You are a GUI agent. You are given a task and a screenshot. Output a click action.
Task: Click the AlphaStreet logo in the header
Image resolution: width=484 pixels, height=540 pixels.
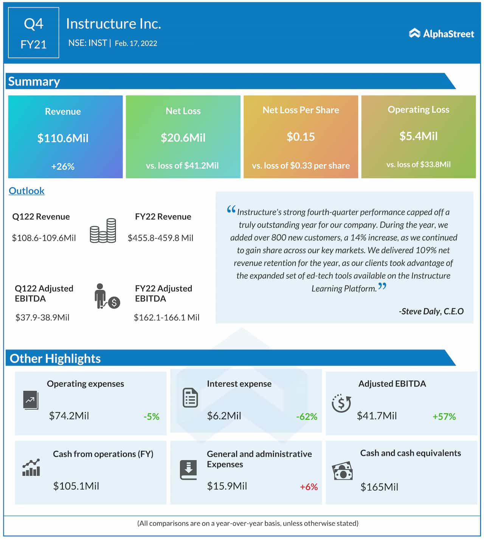(441, 34)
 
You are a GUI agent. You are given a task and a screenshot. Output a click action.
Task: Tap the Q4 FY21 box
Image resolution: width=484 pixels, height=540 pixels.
(33, 33)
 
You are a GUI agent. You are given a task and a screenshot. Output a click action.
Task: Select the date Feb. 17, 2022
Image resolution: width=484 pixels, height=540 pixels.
(136, 43)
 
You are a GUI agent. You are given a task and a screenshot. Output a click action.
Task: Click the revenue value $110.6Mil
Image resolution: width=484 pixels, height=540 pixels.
(63, 138)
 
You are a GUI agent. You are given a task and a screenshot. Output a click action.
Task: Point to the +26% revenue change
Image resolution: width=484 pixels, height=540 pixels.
(63, 166)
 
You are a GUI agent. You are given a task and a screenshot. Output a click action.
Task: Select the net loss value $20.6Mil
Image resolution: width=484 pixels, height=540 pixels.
(183, 138)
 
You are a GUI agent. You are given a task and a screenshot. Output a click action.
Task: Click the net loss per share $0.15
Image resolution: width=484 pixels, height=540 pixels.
(301, 137)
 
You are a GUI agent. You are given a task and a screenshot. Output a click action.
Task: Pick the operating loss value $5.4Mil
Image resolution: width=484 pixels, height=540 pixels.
(418, 136)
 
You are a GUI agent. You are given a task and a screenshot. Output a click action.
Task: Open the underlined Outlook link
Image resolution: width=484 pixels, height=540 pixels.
(26, 191)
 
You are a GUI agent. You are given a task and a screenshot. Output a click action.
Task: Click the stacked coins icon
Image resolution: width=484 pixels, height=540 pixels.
(103, 230)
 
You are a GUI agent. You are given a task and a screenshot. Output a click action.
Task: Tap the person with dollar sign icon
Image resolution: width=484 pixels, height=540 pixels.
(107, 296)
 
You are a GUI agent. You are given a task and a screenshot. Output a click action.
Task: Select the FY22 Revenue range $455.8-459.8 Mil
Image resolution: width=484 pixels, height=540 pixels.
(160, 238)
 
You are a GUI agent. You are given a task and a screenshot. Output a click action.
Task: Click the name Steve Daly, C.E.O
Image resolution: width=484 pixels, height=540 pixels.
(431, 311)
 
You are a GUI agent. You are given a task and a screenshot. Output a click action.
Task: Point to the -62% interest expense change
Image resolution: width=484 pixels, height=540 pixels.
(307, 417)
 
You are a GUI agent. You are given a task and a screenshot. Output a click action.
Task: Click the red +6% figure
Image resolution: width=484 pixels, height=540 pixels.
(309, 487)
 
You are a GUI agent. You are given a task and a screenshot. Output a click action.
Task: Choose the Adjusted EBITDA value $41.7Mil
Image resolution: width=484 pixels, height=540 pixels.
(377, 416)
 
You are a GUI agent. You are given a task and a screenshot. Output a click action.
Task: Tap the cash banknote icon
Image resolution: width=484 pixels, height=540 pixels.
(342, 471)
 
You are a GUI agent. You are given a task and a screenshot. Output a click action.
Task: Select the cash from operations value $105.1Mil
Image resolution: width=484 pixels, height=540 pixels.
(76, 486)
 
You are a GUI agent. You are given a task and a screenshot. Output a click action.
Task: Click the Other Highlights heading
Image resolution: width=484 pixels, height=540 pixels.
(55, 358)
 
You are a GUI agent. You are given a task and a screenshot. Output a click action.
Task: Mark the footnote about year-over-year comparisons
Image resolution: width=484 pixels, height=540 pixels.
(248, 523)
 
